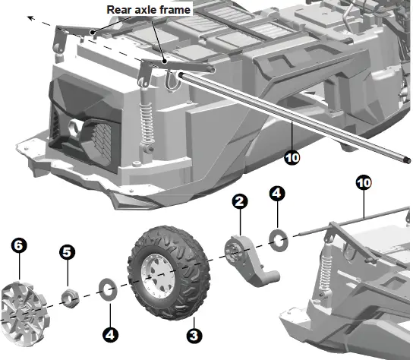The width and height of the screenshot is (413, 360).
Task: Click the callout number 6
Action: tap(19, 245)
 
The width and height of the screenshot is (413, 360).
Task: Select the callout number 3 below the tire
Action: tap(195, 334)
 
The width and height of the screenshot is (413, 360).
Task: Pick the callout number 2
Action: tap(239, 201)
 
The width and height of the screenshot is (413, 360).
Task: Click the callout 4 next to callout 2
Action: tap(278, 194)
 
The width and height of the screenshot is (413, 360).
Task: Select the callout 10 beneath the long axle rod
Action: tap(292, 158)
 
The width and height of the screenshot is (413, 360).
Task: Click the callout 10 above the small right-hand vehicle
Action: tap(364, 182)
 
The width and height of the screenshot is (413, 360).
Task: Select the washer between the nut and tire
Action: tap(109, 288)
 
